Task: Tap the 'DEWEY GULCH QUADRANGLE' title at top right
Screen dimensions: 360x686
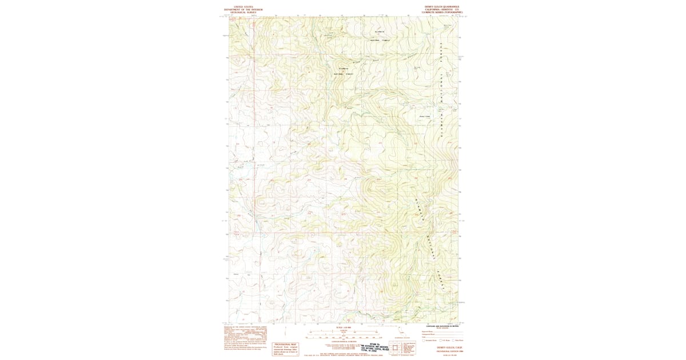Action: pyautogui.click(x=442, y=6)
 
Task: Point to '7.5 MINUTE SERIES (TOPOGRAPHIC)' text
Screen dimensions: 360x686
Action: pyautogui.click(x=442, y=13)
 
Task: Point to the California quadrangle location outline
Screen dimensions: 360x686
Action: pyautogui.click(x=405, y=337)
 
